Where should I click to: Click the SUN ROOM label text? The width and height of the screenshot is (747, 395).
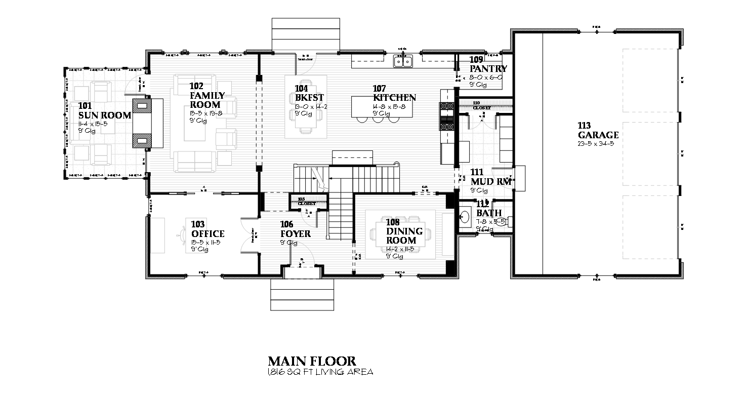105,115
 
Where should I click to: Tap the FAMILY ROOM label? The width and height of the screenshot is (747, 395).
207,100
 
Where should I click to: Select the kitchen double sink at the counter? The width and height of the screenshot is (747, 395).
403,61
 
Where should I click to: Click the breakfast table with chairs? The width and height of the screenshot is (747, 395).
306,106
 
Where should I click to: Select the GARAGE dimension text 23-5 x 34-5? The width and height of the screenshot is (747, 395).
598,144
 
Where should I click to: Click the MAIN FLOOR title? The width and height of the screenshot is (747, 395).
312,361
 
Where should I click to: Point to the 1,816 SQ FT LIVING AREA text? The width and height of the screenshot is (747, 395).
320,372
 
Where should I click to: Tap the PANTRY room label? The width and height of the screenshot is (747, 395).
488,69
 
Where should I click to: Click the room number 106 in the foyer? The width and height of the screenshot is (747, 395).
286,224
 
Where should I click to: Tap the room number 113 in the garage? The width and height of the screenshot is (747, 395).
586,125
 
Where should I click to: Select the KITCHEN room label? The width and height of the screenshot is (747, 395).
395,98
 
